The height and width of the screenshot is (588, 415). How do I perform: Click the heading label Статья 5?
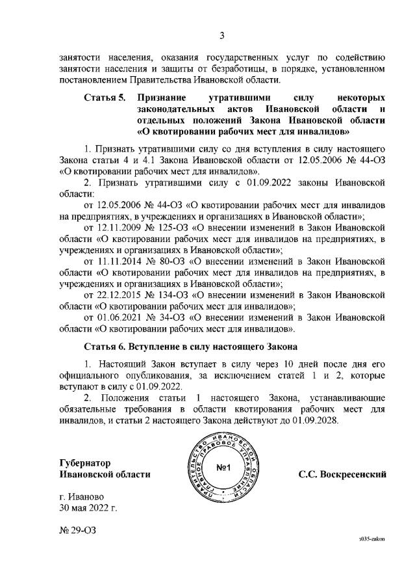(x=104, y=97)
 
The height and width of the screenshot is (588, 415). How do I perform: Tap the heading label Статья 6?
(x=104, y=345)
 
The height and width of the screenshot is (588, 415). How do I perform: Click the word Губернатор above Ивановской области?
(x=82, y=464)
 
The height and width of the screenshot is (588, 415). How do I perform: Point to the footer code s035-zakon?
(x=372, y=558)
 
